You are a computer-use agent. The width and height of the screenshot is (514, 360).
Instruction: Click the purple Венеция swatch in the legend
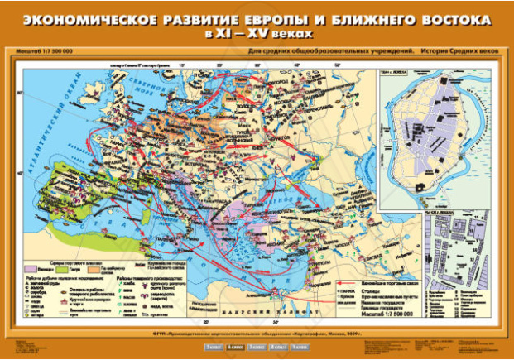(38, 268)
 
